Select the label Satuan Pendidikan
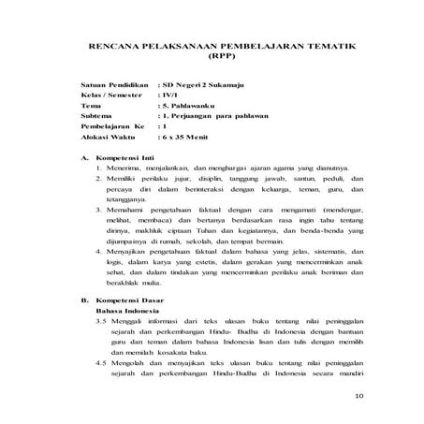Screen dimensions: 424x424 click(115, 85)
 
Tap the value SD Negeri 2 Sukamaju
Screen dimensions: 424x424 click(204, 85)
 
